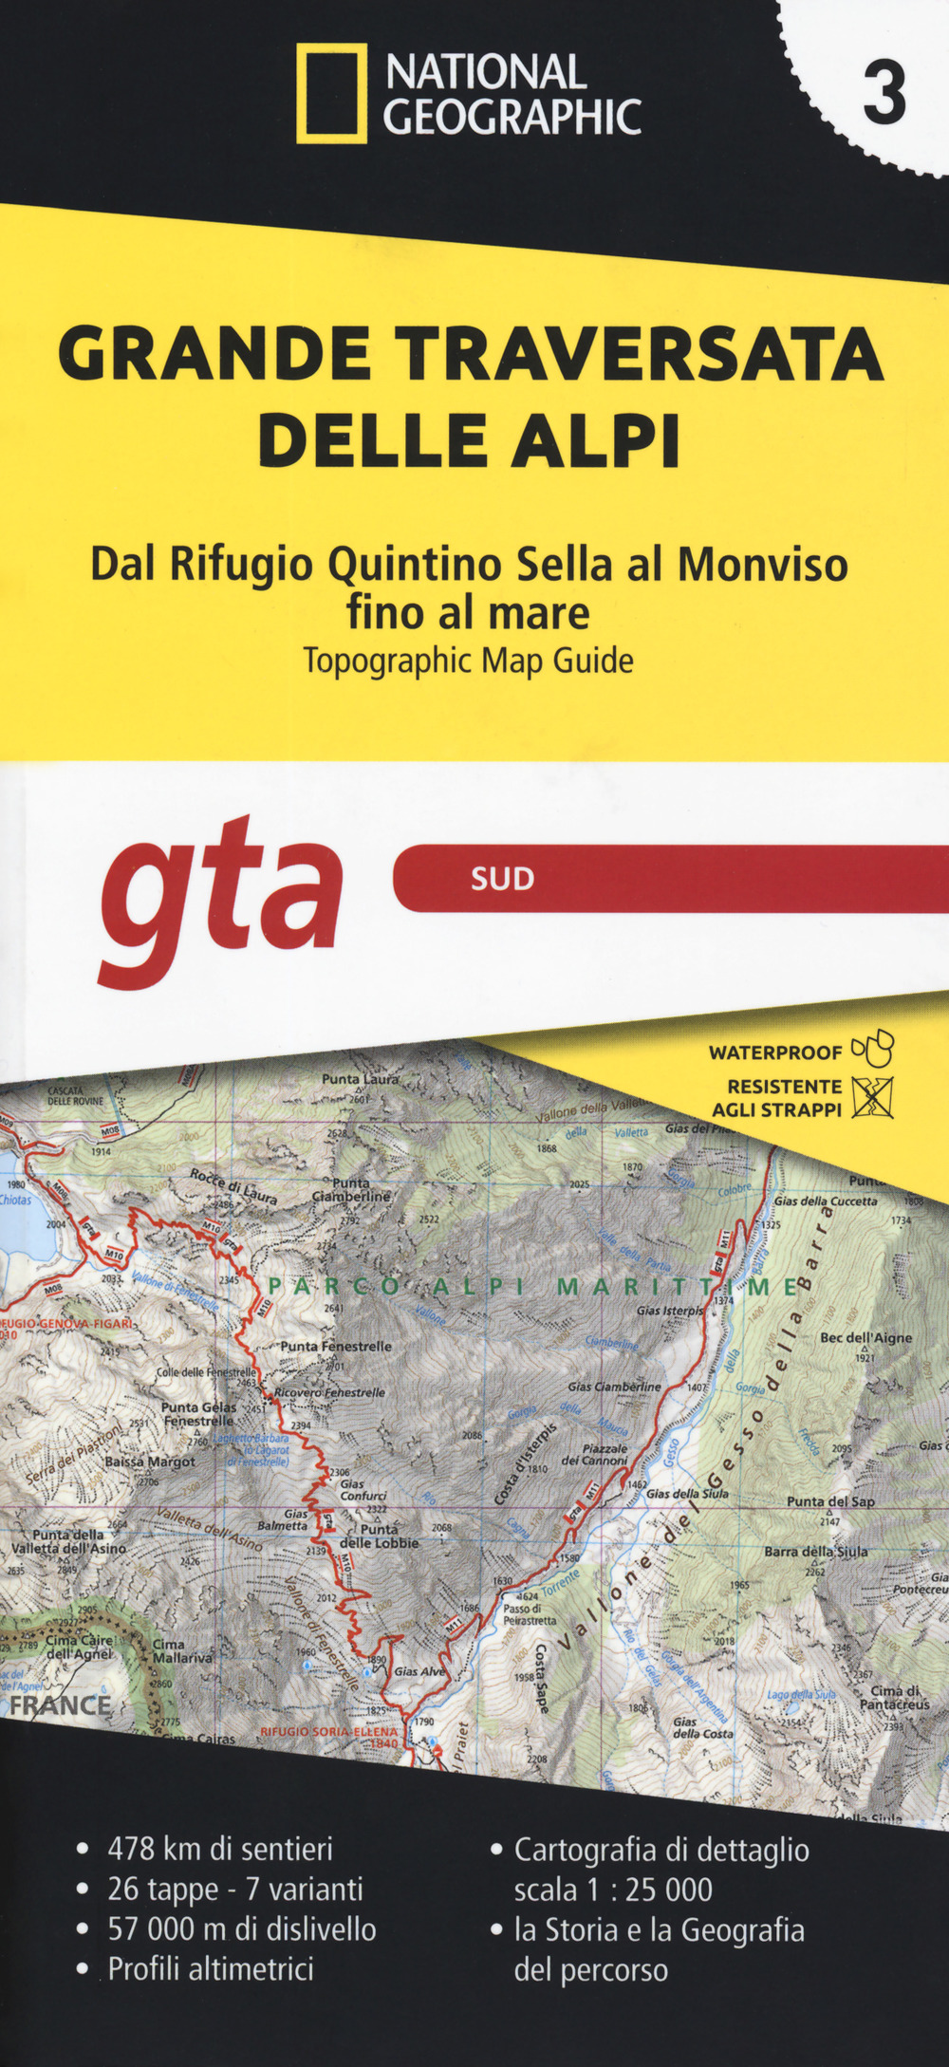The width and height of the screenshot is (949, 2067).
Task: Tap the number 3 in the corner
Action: [x=884, y=95]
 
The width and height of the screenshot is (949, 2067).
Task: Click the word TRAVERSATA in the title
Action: [x=640, y=353]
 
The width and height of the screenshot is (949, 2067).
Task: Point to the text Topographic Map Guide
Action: [x=468, y=661]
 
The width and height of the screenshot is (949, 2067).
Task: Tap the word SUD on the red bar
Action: [x=502, y=878]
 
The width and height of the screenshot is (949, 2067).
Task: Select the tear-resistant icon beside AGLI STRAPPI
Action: [x=873, y=1097]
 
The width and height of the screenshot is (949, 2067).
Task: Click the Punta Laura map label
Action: [x=361, y=1079]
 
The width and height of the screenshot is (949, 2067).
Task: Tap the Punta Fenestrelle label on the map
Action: [x=336, y=1346]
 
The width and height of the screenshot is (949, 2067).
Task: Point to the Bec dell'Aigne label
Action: [x=865, y=1338]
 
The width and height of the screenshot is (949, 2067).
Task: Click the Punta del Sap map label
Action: [x=830, y=1501]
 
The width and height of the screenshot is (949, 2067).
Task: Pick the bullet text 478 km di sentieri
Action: [x=219, y=1849]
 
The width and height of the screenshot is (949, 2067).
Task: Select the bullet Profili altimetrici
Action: [x=210, y=1968]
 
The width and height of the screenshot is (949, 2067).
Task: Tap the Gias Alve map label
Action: [x=419, y=1671]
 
